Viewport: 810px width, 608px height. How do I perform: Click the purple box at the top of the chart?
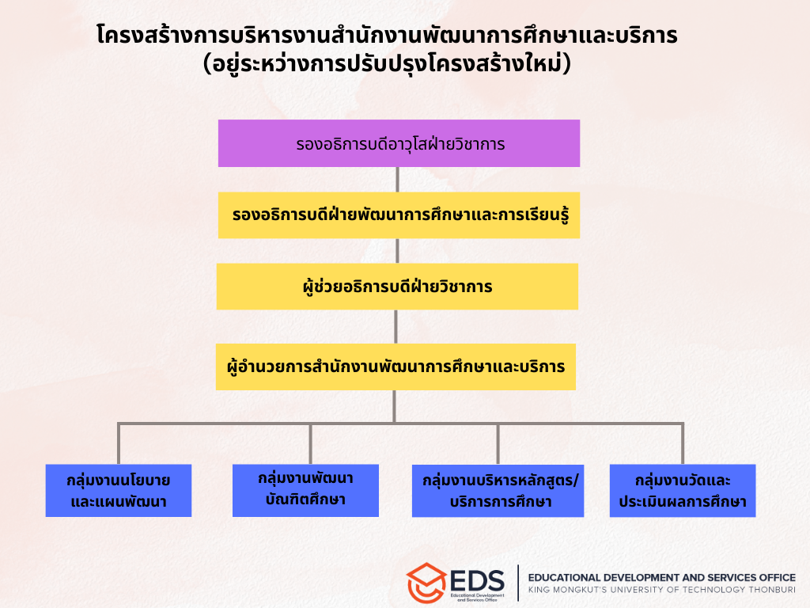399,143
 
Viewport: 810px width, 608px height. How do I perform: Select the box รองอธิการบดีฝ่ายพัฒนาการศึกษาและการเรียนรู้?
399,215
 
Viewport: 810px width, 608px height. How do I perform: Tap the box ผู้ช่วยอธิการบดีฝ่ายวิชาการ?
397,287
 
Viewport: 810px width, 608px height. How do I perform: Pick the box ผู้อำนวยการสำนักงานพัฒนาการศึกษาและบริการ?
396,367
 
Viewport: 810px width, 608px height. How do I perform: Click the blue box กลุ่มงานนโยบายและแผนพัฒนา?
119,491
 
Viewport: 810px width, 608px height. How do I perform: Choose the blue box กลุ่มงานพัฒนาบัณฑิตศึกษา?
305,491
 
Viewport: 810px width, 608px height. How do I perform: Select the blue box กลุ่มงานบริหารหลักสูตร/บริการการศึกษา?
498,491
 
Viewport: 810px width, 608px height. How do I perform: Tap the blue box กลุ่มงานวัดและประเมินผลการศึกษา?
683,491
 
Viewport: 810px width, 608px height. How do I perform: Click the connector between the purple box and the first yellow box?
397,180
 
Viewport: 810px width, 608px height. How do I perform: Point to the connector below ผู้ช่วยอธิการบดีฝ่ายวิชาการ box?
396,327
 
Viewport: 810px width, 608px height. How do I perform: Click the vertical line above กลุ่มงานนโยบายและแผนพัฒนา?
119,444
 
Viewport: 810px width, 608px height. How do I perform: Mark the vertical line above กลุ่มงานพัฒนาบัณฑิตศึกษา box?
310,444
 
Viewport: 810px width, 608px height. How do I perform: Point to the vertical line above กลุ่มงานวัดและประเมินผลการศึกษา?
683,444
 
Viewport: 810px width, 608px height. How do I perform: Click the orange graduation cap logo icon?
426,583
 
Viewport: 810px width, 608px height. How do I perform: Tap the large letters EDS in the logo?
477,580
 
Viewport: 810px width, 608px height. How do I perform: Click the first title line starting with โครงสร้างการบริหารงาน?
387,35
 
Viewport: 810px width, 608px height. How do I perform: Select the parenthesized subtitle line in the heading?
387,64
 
